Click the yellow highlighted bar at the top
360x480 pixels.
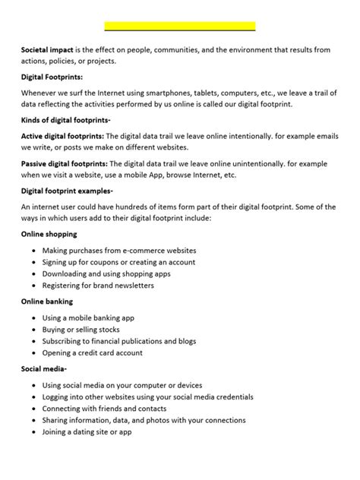[x=179, y=26]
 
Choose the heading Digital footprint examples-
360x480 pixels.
[x=68, y=191]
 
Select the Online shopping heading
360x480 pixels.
[x=49, y=234]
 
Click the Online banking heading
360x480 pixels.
[x=47, y=302]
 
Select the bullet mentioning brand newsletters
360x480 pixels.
[x=98, y=286]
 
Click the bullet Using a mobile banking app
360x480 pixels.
[x=88, y=317]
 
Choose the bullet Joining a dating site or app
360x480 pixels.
[x=87, y=431]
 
